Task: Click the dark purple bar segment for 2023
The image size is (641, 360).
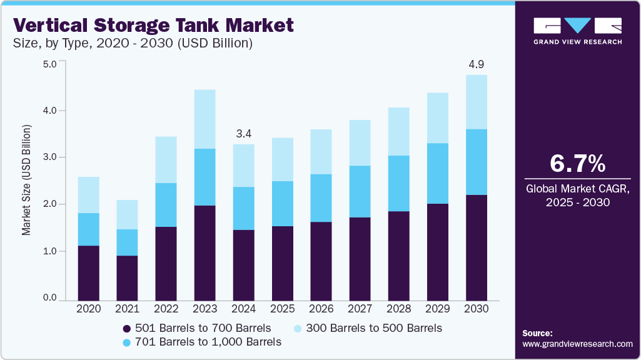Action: point(205,252)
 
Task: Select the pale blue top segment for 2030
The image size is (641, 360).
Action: point(477,102)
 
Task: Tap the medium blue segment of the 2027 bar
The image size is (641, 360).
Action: point(360,191)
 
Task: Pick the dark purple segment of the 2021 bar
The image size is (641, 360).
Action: point(128,277)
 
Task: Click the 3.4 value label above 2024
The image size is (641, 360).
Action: point(244,133)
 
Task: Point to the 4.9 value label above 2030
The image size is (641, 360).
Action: point(477,64)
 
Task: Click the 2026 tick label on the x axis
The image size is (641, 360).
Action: point(321,308)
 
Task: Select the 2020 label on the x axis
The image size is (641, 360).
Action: point(89,308)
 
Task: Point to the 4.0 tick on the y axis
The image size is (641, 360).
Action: point(49,111)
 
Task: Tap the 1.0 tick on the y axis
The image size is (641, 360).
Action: point(49,251)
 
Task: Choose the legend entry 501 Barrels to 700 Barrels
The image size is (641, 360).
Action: point(197,328)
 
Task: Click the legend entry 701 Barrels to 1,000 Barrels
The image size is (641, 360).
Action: point(201,342)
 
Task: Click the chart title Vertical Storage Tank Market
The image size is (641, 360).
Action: point(153,25)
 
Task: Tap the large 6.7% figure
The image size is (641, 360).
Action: point(577,163)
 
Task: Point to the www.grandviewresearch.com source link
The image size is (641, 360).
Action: point(577,344)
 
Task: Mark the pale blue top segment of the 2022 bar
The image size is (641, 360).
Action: point(166,159)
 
